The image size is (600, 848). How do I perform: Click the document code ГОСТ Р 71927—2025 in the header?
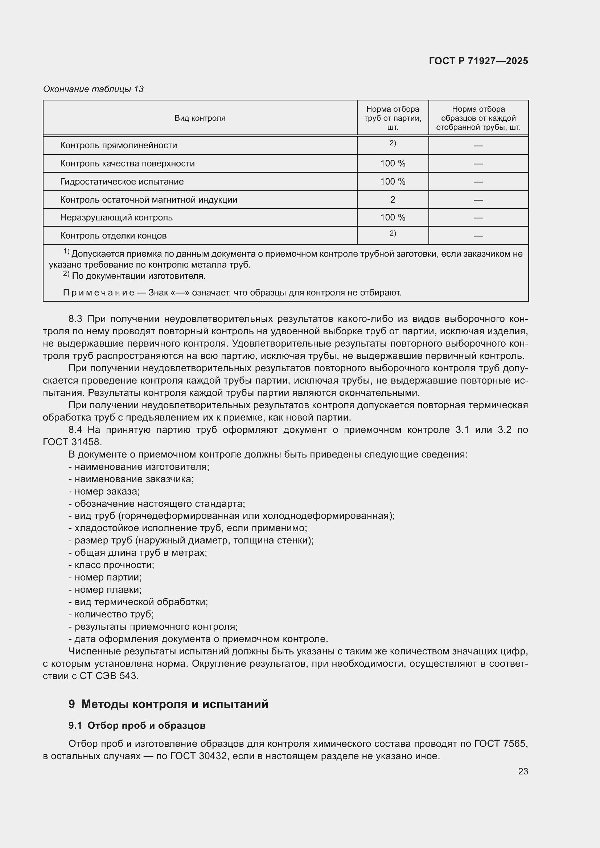point(478,61)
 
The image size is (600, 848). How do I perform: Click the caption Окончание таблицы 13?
point(94,89)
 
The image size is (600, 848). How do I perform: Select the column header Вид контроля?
point(200,118)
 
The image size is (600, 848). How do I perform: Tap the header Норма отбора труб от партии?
point(393,118)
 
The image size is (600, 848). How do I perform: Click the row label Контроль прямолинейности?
point(119,145)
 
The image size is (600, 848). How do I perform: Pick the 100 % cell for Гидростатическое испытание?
point(393,182)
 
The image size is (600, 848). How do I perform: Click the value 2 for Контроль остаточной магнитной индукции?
point(393,200)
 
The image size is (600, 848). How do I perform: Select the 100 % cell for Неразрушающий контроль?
point(393,218)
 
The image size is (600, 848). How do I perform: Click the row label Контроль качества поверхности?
point(127,164)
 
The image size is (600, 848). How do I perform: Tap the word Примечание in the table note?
point(99,293)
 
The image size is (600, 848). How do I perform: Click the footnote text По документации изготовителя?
point(139,276)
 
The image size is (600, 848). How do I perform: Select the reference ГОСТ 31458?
point(72,442)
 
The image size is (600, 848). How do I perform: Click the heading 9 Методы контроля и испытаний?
point(168,704)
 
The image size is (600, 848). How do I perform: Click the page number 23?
point(523,772)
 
